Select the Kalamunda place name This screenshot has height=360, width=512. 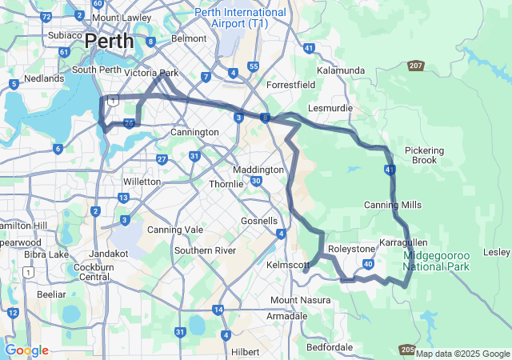point(340,70)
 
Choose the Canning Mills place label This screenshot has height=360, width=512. point(392,205)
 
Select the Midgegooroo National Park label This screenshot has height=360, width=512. point(436,260)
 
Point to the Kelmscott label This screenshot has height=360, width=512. point(287,265)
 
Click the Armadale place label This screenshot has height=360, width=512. point(286,316)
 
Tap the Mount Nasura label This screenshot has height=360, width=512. point(294,300)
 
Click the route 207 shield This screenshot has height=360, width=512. point(415,66)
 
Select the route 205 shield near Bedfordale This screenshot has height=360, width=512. point(406,350)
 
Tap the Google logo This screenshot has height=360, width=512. point(26,350)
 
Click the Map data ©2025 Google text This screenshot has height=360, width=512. point(462,354)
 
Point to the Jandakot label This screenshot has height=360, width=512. point(108,253)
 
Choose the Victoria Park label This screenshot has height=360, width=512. point(151,73)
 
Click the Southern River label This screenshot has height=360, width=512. point(205,250)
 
